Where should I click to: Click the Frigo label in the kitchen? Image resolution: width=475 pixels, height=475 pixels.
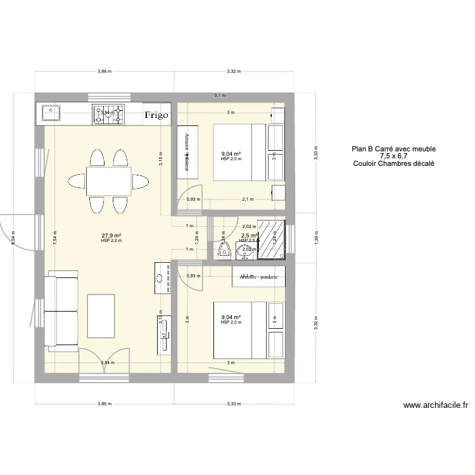156,115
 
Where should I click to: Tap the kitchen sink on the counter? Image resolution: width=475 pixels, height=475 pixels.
51,113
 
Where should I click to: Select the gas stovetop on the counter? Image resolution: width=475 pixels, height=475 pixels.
110,114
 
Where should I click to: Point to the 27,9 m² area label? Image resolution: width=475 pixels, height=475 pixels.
111,236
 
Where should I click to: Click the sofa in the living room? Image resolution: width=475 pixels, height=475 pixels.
60,312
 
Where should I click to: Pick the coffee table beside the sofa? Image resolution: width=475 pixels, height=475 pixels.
102,315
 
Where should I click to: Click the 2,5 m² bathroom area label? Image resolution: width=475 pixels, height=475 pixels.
248,236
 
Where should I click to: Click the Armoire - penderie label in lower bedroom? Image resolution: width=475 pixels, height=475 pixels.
259,277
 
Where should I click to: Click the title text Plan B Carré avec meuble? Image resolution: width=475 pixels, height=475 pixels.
394,149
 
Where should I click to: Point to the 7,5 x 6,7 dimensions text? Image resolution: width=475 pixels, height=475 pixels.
394,156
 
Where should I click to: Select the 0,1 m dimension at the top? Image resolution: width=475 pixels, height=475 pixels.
220,96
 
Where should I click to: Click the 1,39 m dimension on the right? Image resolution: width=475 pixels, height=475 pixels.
316,236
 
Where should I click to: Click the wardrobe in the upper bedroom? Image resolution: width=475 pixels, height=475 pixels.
187,153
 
